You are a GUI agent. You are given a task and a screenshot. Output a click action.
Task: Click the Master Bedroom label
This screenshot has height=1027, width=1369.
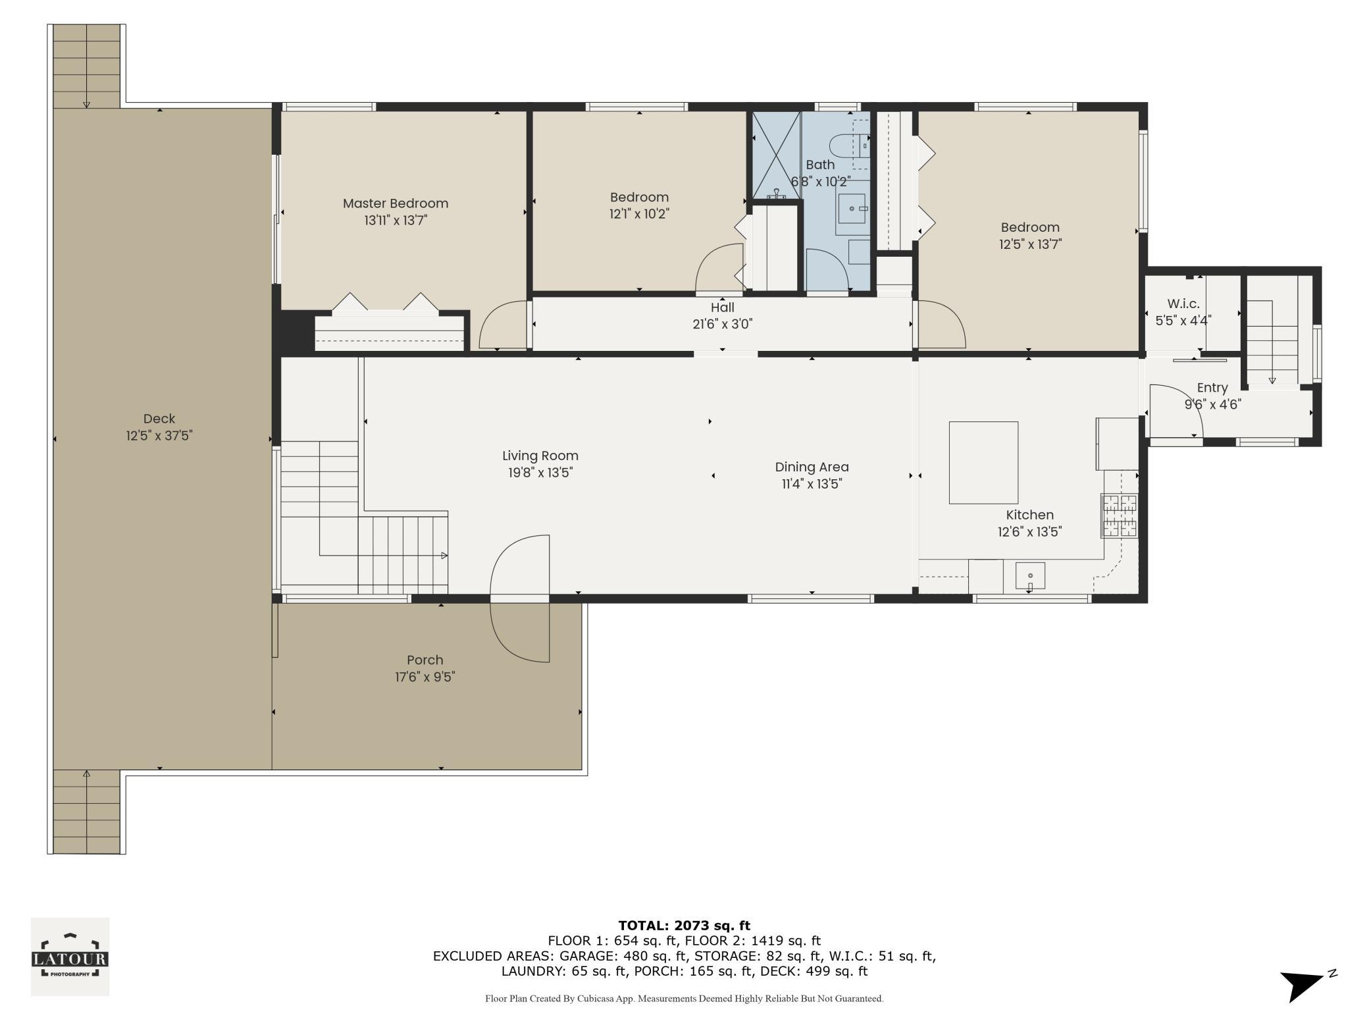pyautogui.click(x=396, y=203)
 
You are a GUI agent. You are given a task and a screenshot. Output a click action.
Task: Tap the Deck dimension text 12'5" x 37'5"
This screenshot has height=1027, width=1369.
pyautogui.click(x=159, y=436)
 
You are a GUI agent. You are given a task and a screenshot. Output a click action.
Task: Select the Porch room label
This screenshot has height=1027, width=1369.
pyautogui.click(x=425, y=660)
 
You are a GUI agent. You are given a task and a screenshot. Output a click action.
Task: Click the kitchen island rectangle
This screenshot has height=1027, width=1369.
pyautogui.click(x=983, y=462)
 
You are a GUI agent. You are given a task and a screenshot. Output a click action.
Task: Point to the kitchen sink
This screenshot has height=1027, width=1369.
pyautogui.click(x=1030, y=576)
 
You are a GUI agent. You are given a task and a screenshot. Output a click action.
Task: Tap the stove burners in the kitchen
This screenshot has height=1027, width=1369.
pyautogui.click(x=1120, y=515)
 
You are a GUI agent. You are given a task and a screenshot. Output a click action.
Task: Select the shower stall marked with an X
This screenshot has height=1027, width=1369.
pyautogui.click(x=777, y=155)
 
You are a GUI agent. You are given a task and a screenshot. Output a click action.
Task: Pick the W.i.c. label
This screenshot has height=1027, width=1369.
pyautogui.click(x=1183, y=303)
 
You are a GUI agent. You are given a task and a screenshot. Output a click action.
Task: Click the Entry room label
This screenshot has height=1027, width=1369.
pyautogui.click(x=1212, y=388)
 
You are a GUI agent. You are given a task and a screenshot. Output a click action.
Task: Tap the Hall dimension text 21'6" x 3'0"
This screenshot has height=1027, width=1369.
pyautogui.click(x=723, y=324)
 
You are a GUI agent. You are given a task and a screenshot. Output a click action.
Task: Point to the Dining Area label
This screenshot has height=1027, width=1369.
pyautogui.click(x=812, y=467)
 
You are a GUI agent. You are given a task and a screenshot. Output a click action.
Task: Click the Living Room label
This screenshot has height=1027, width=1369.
pyautogui.click(x=540, y=456)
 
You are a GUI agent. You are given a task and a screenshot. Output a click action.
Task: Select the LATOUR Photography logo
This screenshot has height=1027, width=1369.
pyautogui.click(x=70, y=957)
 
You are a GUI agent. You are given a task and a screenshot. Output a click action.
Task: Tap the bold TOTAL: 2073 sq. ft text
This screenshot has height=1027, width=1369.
pyautogui.click(x=684, y=926)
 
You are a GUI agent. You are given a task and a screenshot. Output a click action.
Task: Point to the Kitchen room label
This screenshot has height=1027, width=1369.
pyautogui.click(x=1030, y=515)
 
